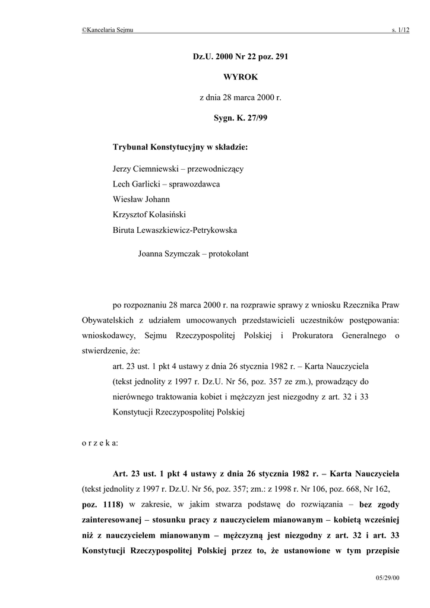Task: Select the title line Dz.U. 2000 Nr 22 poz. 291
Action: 241,57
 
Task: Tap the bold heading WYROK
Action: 241,77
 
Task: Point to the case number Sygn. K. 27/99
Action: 241,118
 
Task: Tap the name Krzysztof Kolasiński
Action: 153,215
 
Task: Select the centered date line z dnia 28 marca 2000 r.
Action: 241,97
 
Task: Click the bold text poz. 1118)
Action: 102,504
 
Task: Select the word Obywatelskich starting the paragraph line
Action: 108,320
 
